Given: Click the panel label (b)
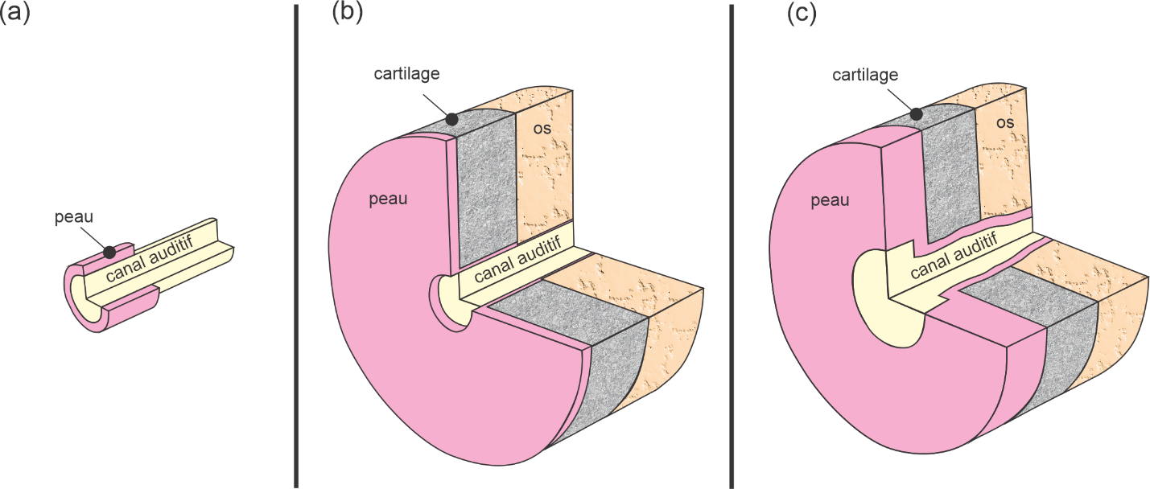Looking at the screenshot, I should pos(348,15).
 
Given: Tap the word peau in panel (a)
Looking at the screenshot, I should pos(74,217).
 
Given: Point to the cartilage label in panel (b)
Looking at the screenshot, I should pos(406,73).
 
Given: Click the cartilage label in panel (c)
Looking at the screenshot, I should pos(865,75).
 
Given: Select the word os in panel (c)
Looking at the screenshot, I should pos(1004,123).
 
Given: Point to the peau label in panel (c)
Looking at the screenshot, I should pos(830,200).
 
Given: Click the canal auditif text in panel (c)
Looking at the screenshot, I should pos(954,257).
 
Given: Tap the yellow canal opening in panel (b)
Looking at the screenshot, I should pos(449,299).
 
